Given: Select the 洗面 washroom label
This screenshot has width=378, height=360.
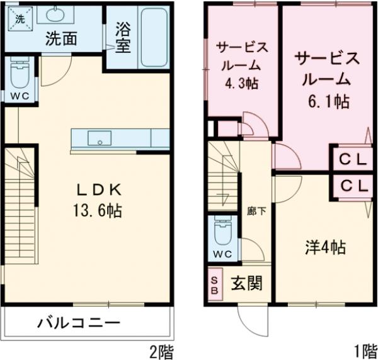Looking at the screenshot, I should tap(61, 39).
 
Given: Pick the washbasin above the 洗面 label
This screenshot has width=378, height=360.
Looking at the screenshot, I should tap(59, 14).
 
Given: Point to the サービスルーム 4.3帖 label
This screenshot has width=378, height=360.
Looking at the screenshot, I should tap(243, 64).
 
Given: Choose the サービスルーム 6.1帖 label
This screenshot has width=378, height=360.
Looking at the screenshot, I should tap(328, 79).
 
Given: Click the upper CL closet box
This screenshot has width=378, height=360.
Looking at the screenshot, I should tap(353, 159).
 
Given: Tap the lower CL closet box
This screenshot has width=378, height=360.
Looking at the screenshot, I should tap(353, 186).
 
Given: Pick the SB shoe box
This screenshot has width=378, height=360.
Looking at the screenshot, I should tap(215, 284).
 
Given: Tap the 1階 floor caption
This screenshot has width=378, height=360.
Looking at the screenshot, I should tap(362, 350).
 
